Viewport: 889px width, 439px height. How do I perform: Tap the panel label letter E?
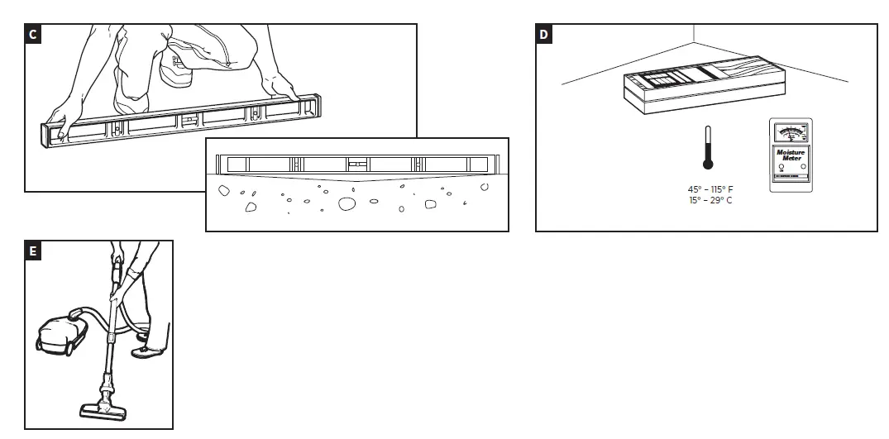point(32,251)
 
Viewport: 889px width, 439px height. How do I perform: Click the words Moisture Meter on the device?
point(791,155)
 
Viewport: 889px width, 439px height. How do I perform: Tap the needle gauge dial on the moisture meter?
point(791,132)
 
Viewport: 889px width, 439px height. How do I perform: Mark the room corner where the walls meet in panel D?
point(693,42)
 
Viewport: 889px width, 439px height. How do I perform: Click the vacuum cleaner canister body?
point(58,331)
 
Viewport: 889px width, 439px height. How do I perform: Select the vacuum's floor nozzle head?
point(103,411)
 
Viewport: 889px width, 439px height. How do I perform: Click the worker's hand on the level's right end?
point(280,87)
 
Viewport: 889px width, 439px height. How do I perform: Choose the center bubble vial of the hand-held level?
point(189,119)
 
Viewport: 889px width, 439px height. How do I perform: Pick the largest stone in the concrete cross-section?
point(347,203)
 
